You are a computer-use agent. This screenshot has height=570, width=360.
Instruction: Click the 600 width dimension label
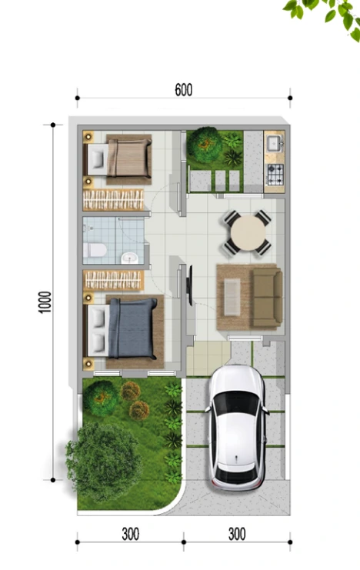[x=183, y=90]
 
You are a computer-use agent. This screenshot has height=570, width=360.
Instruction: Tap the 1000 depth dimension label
[x=45, y=302]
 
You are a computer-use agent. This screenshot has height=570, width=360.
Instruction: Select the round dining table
[x=248, y=232]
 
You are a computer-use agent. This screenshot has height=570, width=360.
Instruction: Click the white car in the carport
[x=237, y=428]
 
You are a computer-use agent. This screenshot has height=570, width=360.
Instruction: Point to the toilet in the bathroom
[x=95, y=250]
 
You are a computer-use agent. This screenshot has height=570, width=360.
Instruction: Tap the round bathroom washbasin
[x=129, y=258]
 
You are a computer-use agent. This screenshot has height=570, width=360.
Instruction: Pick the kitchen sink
[x=275, y=143]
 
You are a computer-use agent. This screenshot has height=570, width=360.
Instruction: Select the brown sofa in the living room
[x=268, y=298]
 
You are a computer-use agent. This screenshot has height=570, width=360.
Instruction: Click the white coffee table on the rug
[x=232, y=297]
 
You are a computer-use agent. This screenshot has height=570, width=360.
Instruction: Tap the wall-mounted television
[x=189, y=285]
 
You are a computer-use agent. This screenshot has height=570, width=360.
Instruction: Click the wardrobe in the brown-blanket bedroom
[x=113, y=199]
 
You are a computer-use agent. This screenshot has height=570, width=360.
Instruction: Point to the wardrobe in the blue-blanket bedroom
[x=113, y=280]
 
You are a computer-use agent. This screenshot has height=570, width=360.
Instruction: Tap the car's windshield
[x=237, y=403]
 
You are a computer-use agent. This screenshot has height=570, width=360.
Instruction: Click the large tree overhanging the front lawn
[x=103, y=462]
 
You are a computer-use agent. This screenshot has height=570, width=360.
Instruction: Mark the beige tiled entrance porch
[x=208, y=358]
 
